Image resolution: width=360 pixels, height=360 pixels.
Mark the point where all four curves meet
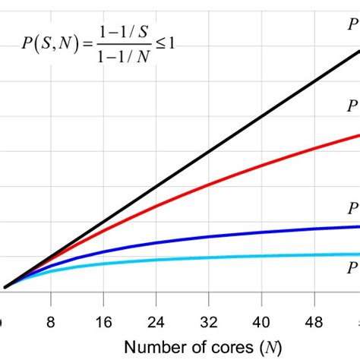coord(6,287)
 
